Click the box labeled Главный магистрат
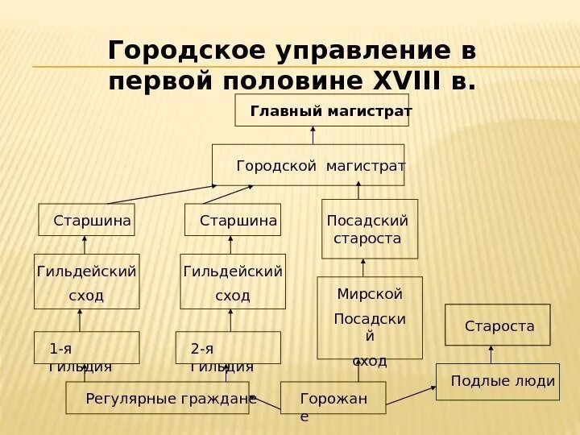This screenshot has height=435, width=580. coord(322,110)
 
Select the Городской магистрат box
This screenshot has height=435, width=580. coord(309,165)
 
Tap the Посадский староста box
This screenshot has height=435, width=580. coord(370,229)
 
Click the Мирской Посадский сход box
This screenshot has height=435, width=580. coord(370,318)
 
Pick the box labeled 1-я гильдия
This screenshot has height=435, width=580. coord(86,348)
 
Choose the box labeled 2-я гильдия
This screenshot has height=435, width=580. coord(228,348)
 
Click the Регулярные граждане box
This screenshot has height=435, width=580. coord(157,398)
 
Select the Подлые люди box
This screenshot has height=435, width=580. coord(496,381)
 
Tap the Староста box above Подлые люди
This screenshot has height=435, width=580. coord(497,325)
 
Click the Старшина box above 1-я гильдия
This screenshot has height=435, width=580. coord(87,220)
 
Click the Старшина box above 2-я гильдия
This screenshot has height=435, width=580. coord(233,220)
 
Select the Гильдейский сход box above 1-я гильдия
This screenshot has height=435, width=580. coord(86,282)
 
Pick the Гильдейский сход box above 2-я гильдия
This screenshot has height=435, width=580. coord(233,282)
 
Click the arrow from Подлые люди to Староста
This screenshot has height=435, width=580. coord(492,354)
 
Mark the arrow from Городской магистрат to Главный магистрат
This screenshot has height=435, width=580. coord(313,135)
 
